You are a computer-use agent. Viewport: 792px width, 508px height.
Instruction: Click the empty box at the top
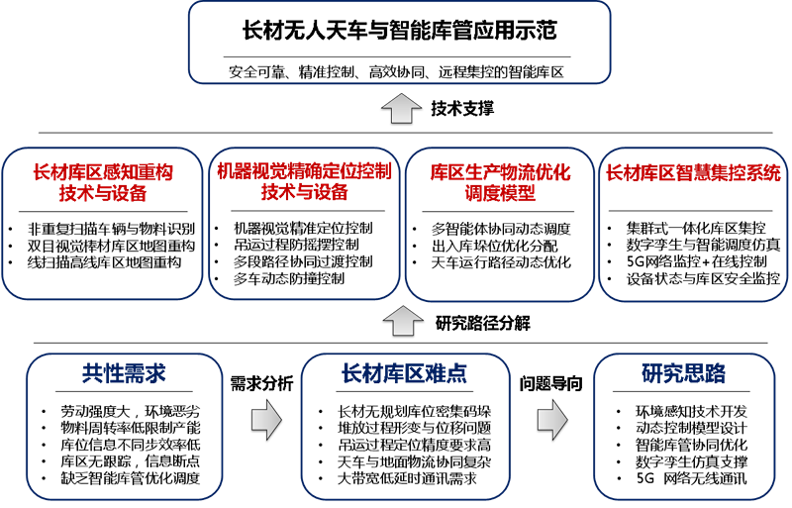[399, 43]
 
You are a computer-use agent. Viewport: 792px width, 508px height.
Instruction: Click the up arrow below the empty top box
[401, 108]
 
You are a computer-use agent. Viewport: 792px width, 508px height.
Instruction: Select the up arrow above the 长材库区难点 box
[403, 321]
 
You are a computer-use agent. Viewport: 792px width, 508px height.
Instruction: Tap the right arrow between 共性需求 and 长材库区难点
[266, 420]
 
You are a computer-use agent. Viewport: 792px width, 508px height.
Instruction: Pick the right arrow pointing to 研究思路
[551, 420]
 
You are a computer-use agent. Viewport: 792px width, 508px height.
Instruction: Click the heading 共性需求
[124, 374]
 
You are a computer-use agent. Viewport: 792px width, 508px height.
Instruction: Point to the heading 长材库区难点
[404, 374]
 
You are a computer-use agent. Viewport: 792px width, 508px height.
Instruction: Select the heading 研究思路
[683, 374]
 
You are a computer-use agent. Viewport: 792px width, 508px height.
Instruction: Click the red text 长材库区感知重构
[103, 172]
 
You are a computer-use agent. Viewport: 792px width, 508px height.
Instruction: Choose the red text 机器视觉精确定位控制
[304, 171]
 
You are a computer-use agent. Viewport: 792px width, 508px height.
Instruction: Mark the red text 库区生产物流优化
[500, 172]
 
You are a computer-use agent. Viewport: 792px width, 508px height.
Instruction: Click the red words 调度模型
[500, 193]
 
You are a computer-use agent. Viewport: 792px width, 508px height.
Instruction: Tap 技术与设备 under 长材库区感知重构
[103, 193]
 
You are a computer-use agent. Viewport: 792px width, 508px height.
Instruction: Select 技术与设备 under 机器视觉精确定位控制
[304, 192]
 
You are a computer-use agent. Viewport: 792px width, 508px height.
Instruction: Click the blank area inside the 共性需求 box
[124, 441]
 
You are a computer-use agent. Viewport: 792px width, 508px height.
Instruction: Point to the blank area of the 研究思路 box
[683, 441]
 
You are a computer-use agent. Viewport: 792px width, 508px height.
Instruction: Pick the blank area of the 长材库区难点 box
[404, 441]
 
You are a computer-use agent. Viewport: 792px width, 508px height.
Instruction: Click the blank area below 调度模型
[500, 253]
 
